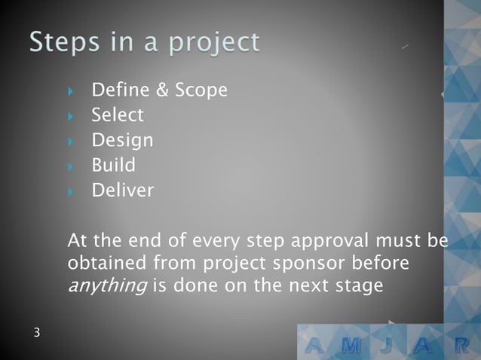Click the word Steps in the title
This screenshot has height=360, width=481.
click(58, 42)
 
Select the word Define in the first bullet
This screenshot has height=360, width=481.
click(121, 90)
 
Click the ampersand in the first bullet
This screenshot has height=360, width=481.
click(162, 90)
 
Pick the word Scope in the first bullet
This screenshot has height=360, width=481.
click(201, 91)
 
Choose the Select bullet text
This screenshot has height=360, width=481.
click(117, 115)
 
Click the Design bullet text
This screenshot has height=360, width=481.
click(122, 141)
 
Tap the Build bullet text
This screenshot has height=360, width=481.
click(113, 165)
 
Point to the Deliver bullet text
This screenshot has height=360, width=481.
click(122, 191)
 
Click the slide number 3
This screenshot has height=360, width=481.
click(36, 332)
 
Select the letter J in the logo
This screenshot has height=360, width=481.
click(391, 346)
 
